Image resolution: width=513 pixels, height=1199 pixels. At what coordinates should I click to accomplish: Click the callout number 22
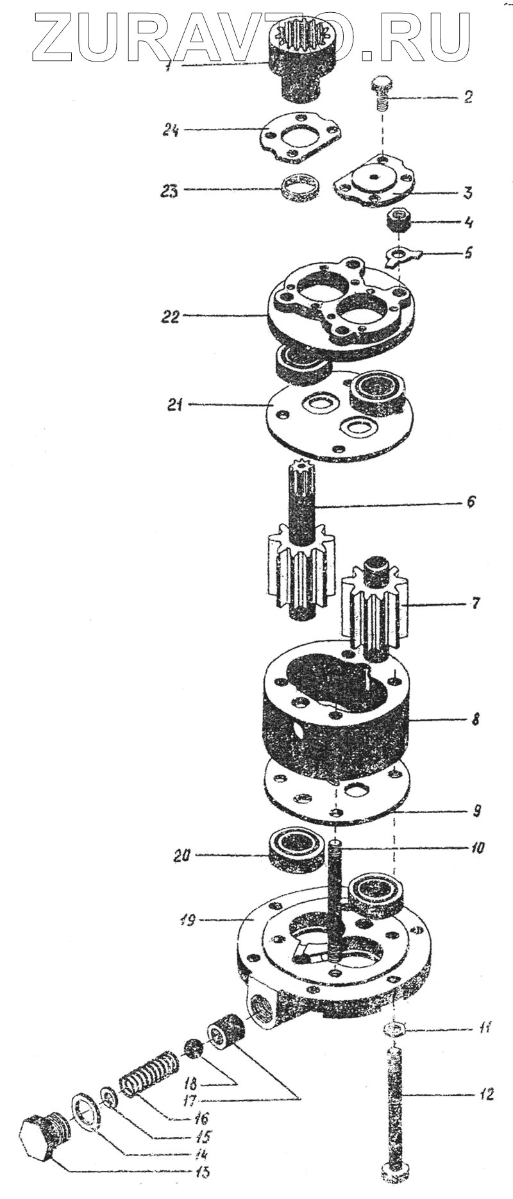click(171, 317)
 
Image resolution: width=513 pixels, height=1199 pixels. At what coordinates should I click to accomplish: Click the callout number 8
click(475, 719)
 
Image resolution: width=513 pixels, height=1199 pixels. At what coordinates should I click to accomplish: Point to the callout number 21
click(176, 405)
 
